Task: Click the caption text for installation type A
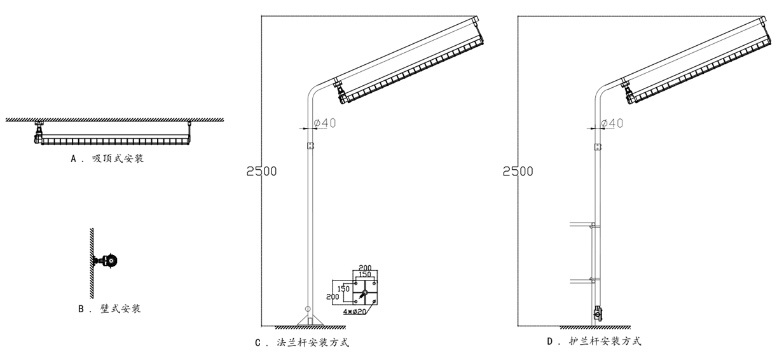(x=107, y=159)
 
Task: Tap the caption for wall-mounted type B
(x=109, y=308)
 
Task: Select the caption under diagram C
(x=302, y=343)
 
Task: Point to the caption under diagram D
(x=594, y=342)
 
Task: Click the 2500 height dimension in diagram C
(x=261, y=171)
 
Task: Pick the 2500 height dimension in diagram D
(x=518, y=171)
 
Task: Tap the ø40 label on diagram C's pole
(x=325, y=123)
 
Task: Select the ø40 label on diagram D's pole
(x=612, y=123)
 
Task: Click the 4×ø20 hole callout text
(x=355, y=312)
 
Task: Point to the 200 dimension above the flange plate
(x=365, y=268)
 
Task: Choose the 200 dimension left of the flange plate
(x=333, y=297)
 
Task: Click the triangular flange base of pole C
(x=310, y=320)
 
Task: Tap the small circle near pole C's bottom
(x=308, y=308)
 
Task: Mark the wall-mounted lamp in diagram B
(x=106, y=261)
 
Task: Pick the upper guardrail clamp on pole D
(x=593, y=226)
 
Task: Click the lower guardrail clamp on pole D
(x=593, y=279)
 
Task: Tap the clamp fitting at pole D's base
(x=597, y=313)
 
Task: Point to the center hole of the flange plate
(x=364, y=293)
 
